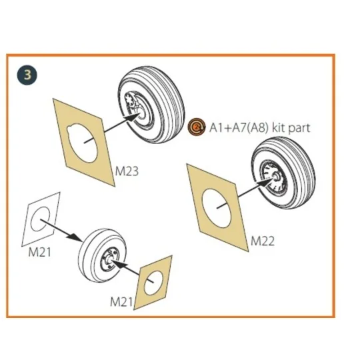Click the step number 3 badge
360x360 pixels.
(27, 75)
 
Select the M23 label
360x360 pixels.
(127, 171)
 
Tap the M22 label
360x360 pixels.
(263, 241)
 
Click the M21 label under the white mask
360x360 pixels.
(39, 252)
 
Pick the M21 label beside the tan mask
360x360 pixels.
(121, 302)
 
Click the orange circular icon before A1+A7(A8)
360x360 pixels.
(196, 127)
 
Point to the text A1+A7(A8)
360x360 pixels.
(239, 127)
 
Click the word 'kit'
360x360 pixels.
(279, 127)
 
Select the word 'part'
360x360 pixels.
(299, 129)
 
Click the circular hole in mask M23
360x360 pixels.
(82, 143)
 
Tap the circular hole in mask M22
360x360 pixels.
(216, 209)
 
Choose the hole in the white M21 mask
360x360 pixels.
(40, 219)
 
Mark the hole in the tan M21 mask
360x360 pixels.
(153, 282)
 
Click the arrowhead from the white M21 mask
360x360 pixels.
(75, 237)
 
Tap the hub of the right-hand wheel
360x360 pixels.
(275, 177)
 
